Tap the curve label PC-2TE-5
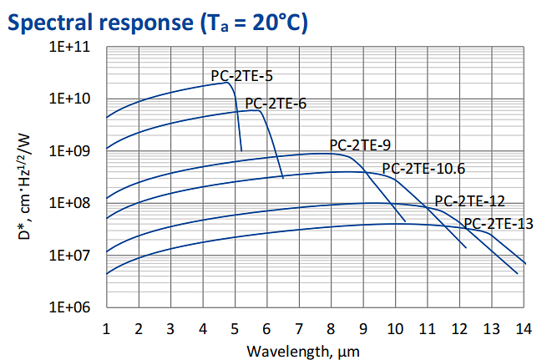[x=241, y=76]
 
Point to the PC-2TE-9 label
[x=360, y=145]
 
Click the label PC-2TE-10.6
[x=423, y=169]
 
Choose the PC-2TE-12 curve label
[x=469, y=201]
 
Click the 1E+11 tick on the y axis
[x=73, y=47]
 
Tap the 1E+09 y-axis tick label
[x=73, y=151]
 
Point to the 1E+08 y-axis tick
[x=73, y=203]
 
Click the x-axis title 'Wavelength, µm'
[x=315, y=350]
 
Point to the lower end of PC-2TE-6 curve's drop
[x=283, y=177]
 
